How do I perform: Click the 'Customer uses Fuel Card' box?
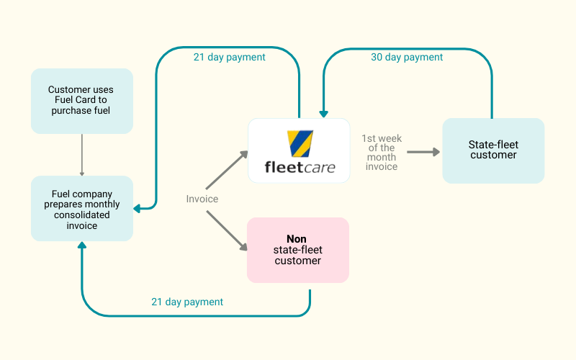click(81, 101)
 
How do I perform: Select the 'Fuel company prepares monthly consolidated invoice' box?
click(81, 209)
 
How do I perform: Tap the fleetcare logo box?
click(299, 150)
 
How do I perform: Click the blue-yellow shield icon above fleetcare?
click(299, 143)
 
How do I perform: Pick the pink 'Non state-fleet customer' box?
click(297, 250)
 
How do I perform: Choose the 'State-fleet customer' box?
click(493, 150)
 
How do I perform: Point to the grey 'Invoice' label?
click(202, 199)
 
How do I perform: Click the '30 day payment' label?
click(407, 57)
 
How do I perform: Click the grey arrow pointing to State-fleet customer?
click(423, 152)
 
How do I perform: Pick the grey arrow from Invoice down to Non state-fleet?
click(227, 230)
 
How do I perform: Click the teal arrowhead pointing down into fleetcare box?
click(323, 113)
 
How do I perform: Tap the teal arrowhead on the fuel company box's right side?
click(138, 208)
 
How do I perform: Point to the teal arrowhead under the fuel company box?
click(82, 246)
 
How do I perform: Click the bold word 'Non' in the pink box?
click(297, 239)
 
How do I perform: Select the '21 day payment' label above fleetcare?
click(229, 57)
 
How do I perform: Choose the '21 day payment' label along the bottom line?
click(187, 302)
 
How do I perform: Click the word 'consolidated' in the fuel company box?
click(81, 215)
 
